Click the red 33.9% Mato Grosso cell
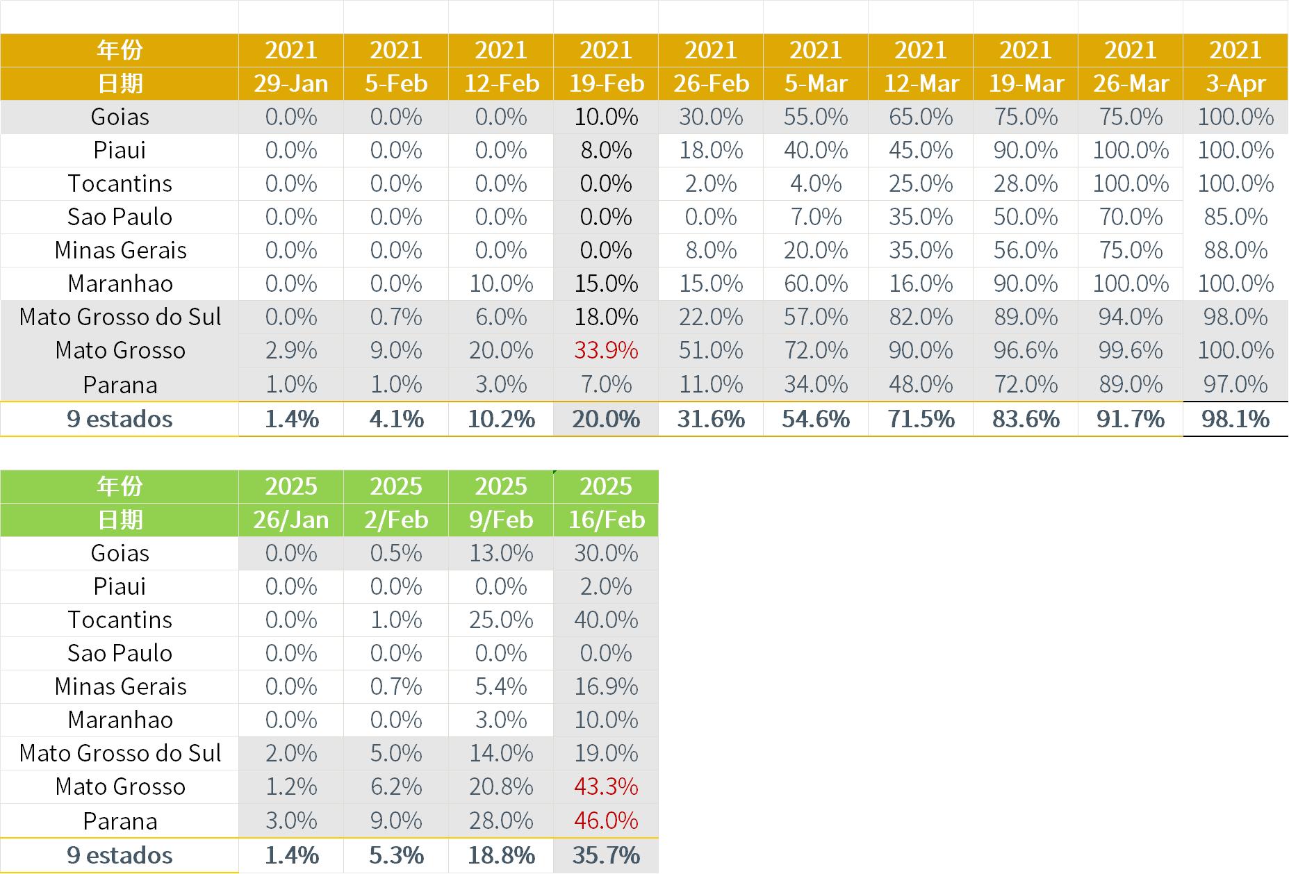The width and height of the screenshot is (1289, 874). (606, 350)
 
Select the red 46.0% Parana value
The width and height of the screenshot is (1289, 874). (606, 821)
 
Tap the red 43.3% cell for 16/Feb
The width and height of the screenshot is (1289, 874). (606, 786)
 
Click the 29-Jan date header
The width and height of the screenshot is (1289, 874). (291, 84)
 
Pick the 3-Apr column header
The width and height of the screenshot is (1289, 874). (1235, 84)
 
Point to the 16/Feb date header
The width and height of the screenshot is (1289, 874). (606, 520)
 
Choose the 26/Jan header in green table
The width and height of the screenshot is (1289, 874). (291, 520)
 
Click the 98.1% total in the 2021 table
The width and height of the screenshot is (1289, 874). (1235, 419)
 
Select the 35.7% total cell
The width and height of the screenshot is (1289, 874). (606, 855)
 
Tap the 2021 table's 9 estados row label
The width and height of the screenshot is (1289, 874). (120, 419)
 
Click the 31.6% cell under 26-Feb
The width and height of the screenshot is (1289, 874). (711, 419)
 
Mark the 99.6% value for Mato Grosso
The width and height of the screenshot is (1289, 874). (1131, 350)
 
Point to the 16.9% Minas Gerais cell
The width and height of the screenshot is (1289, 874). (606, 686)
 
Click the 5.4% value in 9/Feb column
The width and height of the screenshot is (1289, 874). (501, 686)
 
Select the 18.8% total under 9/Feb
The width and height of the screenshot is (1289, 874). (501, 855)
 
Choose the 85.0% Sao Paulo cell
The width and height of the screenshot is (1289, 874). (1235, 217)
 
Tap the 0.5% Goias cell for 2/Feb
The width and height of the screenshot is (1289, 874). (396, 553)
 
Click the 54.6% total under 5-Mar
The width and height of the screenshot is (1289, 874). (816, 419)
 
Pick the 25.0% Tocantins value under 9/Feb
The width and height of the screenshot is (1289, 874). (501, 620)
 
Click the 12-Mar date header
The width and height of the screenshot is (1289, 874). (921, 84)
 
